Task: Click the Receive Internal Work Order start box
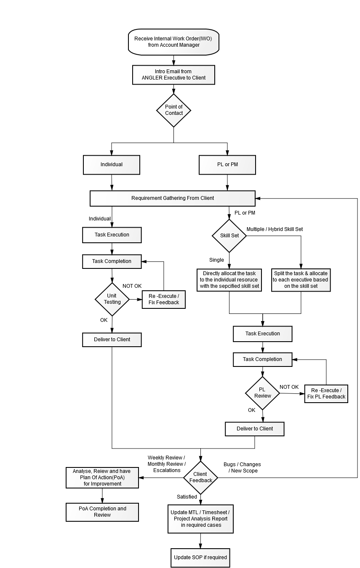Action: [x=173, y=42]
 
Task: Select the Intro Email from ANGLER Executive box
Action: [x=173, y=74]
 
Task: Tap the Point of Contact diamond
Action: [x=173, y=110]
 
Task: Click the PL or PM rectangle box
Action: [x=227, y=165]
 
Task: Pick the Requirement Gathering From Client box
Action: [x=173, y=198]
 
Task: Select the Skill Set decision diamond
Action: [x=229, y=236]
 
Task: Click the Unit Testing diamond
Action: [x=112, y=299]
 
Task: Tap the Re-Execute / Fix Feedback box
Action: [x=164, y=299]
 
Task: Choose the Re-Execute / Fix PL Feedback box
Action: [x=326, y=393]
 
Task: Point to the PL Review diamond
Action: [x=262, y=393]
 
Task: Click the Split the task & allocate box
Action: [x=301, y=280]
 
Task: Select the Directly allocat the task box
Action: [x=229, y=280]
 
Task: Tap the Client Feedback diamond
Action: [x=200, y=478]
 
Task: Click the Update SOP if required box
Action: [x=200, y=557]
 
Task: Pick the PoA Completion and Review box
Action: [x=102, y=512]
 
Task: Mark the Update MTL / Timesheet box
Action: [x=200, y=519]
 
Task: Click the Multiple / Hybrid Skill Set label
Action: [x=275, y=229]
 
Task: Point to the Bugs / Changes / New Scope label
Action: [x=243, y=467]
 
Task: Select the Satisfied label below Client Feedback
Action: [x=187, y=497]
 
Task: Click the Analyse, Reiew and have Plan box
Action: [x=102, y=478]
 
